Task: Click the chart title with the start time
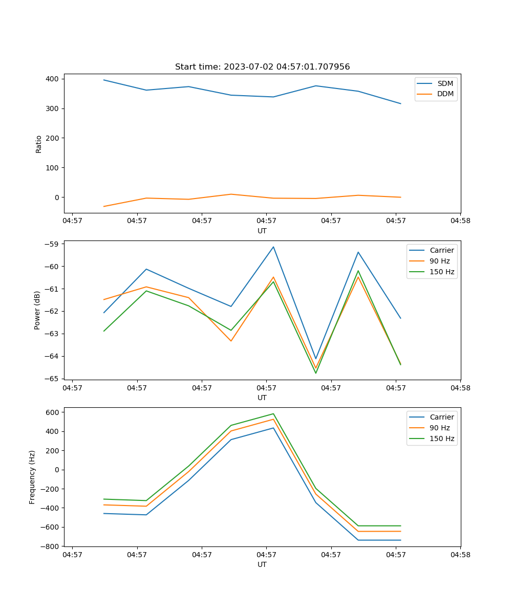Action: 262,67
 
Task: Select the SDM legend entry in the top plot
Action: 445,83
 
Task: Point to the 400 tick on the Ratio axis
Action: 53,79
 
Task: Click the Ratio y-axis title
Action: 39,144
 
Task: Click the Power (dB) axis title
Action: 37,311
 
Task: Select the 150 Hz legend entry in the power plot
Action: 442,272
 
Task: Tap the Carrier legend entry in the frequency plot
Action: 441,417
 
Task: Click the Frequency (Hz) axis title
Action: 32,477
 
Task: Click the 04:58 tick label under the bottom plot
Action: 460,554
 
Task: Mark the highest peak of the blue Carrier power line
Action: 273,247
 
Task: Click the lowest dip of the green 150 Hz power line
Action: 315,373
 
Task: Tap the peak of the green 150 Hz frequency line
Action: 273,414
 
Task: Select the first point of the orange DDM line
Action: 104,206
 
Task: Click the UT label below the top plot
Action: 262,231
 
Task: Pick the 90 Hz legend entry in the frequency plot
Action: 440,428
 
